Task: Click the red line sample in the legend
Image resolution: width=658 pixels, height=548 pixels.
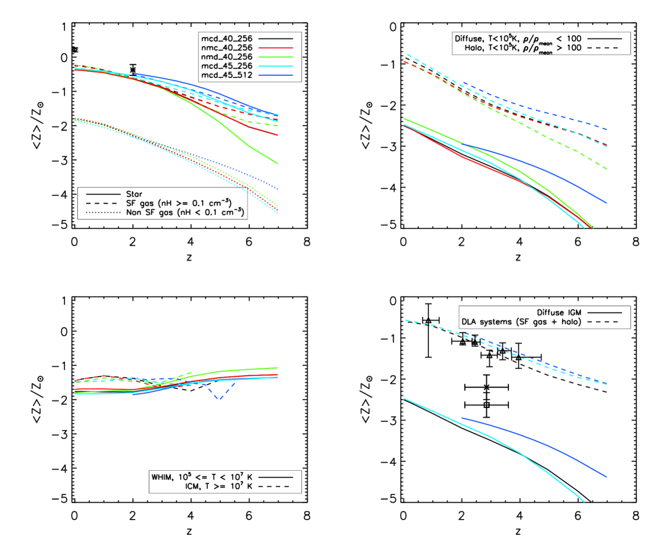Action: pos(275,48)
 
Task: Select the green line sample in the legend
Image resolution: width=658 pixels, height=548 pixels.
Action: pos(275,57)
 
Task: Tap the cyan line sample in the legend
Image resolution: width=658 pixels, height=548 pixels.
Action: pos(275,66)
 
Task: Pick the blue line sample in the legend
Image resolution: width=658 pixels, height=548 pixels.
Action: pos(275,75)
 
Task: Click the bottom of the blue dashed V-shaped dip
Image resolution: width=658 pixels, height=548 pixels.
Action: pos(219,399)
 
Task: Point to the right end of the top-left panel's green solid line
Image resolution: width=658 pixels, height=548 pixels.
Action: pos(278,163)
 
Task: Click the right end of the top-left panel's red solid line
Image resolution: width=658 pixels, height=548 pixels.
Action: pos(278,135)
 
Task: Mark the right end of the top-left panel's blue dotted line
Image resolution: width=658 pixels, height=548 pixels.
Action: pos(278,189)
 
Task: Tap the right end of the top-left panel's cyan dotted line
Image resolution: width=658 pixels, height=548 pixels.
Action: pos(278,213)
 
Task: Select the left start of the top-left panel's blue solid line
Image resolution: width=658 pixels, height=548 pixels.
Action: pos(132,74)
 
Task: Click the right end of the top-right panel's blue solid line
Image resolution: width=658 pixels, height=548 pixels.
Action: pos(606,203)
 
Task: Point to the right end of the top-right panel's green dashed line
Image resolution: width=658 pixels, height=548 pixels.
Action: pos(606,169)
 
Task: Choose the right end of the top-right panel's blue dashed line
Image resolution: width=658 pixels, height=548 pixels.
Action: pos(606,130)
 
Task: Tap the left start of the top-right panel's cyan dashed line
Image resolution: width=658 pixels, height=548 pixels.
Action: pos(406,54)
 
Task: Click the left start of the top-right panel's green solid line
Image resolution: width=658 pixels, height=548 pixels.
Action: pos(403,119)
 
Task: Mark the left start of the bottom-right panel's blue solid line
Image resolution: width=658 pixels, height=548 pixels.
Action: pos(461,418)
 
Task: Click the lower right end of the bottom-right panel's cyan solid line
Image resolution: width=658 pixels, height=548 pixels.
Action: pos(584,502)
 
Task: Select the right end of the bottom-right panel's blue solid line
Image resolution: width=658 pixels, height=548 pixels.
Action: pos(606,476)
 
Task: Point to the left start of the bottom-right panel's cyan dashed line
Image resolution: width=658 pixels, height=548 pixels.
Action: pos(404,320)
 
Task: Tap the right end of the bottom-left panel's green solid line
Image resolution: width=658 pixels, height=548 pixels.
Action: pos(278,367)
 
